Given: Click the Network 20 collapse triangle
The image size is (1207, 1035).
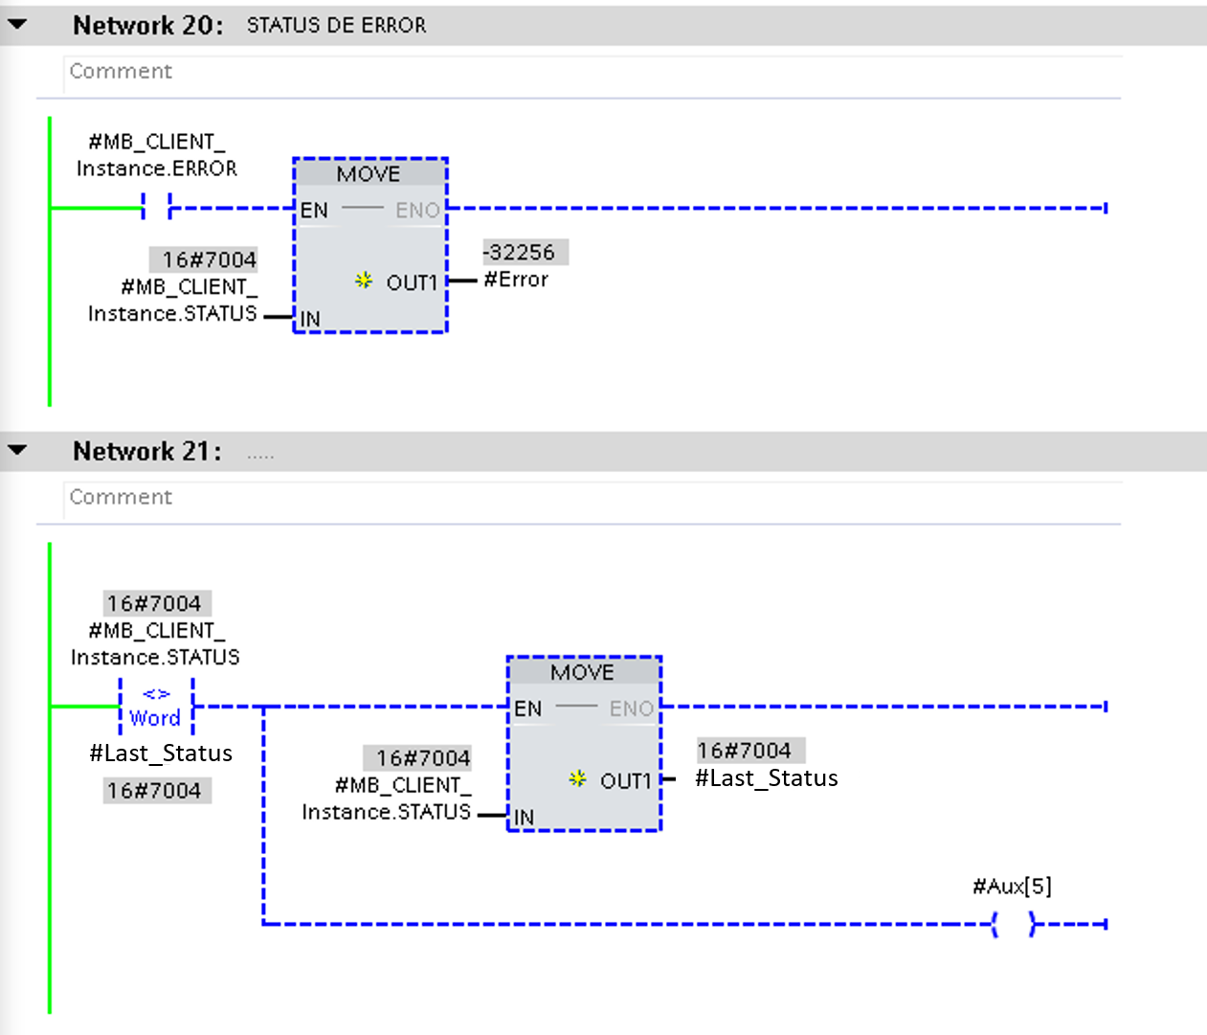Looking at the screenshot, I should pos(17,25).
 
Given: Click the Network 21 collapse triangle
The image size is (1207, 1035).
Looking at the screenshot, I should pos(17,450).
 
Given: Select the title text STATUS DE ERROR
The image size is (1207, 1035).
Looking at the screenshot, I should pos(336,26).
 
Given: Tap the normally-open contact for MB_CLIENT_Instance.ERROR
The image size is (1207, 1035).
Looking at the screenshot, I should pos(156,207).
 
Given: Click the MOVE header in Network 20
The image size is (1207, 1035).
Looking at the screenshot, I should pos(369,174).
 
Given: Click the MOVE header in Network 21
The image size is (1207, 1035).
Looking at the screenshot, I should pos(582,672).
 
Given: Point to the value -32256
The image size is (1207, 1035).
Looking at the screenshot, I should pos(523,253).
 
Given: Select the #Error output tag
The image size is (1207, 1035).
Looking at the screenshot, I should pos(516,280).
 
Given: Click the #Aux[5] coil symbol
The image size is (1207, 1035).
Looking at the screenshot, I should pos(1013,924).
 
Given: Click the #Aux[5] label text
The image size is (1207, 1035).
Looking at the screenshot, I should pos(1012,887).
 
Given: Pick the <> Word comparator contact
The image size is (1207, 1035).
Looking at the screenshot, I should pos(156,707).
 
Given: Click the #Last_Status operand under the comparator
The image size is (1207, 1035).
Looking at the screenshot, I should pos(161,754).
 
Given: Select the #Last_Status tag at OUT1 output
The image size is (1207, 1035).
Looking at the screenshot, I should pos(766,778).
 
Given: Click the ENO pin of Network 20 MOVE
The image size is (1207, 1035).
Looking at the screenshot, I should pos(418,211).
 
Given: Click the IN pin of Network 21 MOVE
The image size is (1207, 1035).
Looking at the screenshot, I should pos(524,817).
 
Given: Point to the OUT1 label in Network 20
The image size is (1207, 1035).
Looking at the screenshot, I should pos(412,283).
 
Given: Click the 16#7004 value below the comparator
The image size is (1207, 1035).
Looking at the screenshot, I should pos(154,791).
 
